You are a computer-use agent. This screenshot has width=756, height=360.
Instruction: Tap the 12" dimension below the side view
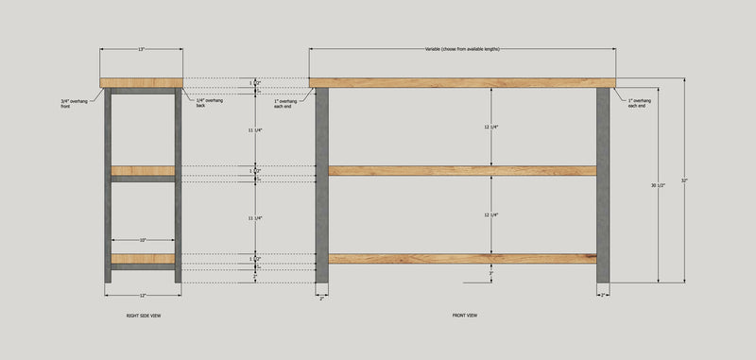click(x=143, y=295)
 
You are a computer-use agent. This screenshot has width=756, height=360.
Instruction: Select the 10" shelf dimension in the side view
click(x=143, y=240)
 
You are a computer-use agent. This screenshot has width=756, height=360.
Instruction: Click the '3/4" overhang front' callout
click(x=72, y=104)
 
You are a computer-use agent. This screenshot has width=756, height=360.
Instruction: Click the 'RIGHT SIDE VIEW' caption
click(x=144, y=316)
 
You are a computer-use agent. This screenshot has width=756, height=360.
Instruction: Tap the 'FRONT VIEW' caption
click(x=464, y=316)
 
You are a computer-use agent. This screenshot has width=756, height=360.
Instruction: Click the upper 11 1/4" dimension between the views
click(x=253, y=130)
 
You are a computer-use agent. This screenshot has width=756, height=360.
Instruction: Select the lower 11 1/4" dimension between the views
click(x=253, y=217)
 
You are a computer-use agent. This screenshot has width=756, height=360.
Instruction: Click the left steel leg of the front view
click(x=321, y=184)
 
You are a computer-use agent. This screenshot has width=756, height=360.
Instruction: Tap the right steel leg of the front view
click(x=603, y=184)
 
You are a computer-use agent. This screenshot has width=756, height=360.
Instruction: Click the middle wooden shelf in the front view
click(x=462, y=171)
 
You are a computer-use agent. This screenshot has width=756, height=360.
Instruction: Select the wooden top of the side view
click(x=142, y=82)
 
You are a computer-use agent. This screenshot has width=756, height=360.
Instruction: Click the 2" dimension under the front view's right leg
click(x=603, y=295)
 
